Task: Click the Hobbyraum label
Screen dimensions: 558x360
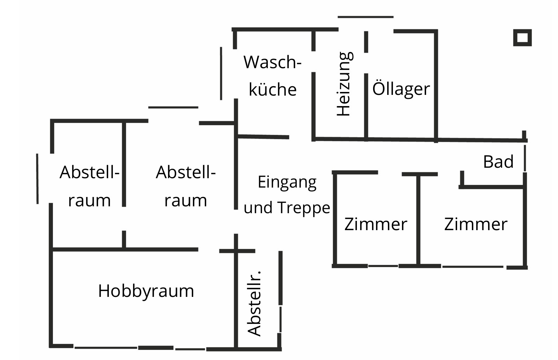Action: tap(146, 291)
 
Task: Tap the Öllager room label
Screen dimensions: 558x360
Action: tap(401, 88)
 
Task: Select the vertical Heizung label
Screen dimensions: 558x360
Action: tap(345, 84)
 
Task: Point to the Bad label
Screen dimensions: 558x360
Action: tap(498, 162)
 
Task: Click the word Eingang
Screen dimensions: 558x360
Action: tap(287, 183)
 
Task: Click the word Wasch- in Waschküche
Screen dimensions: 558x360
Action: tap(273, 62)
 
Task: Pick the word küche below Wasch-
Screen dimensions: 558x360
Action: tap(273, 89)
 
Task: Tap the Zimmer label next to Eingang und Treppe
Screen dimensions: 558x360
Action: tap(376, 224)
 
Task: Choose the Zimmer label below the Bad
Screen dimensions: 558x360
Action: tap(476, 224)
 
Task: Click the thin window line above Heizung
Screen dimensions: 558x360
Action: tap(366, 17)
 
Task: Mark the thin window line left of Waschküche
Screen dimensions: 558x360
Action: tap(221, 73)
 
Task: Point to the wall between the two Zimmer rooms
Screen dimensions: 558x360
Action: tap(418, 219)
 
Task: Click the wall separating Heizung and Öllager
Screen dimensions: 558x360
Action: tap(366, 107)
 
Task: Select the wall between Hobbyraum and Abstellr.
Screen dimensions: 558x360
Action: tap(236, 291)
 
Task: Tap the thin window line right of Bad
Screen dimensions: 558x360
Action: tap(525, 158)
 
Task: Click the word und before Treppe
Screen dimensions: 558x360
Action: tap(258, 207)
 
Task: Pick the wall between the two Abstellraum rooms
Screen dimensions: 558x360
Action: tap(124, 164)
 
